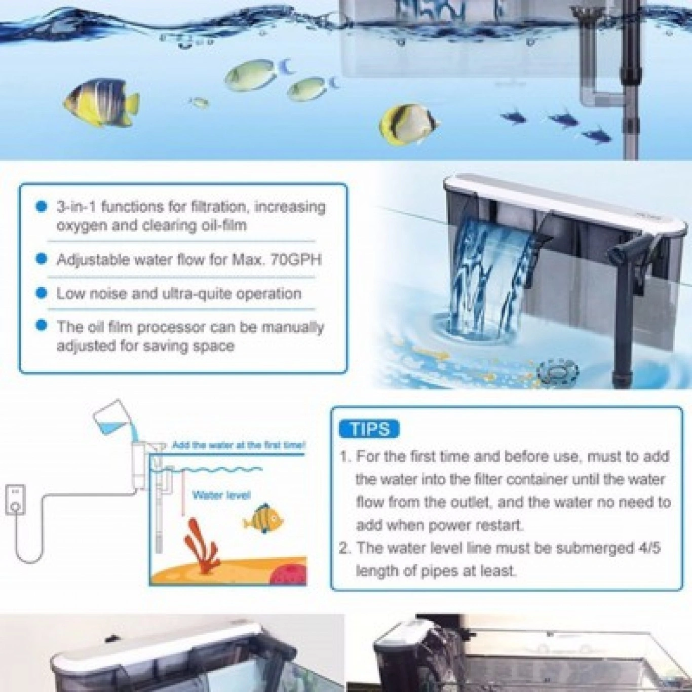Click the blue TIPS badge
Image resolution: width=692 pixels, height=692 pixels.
click(369, 429)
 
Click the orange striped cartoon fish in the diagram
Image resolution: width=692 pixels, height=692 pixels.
click(263, 519)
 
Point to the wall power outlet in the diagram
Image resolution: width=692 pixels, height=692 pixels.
click(15, 499)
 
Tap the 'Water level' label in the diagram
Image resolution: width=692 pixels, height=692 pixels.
click(221, 495)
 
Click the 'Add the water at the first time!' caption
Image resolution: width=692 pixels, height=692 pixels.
click(239, 445)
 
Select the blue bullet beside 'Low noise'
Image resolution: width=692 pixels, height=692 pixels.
click(42, 293)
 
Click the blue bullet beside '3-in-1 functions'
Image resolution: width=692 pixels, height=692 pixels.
click(42, 207)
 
